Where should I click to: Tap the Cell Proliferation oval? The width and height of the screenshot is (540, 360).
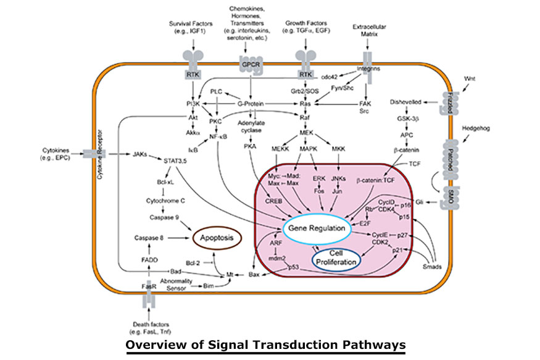click(335, 258)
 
